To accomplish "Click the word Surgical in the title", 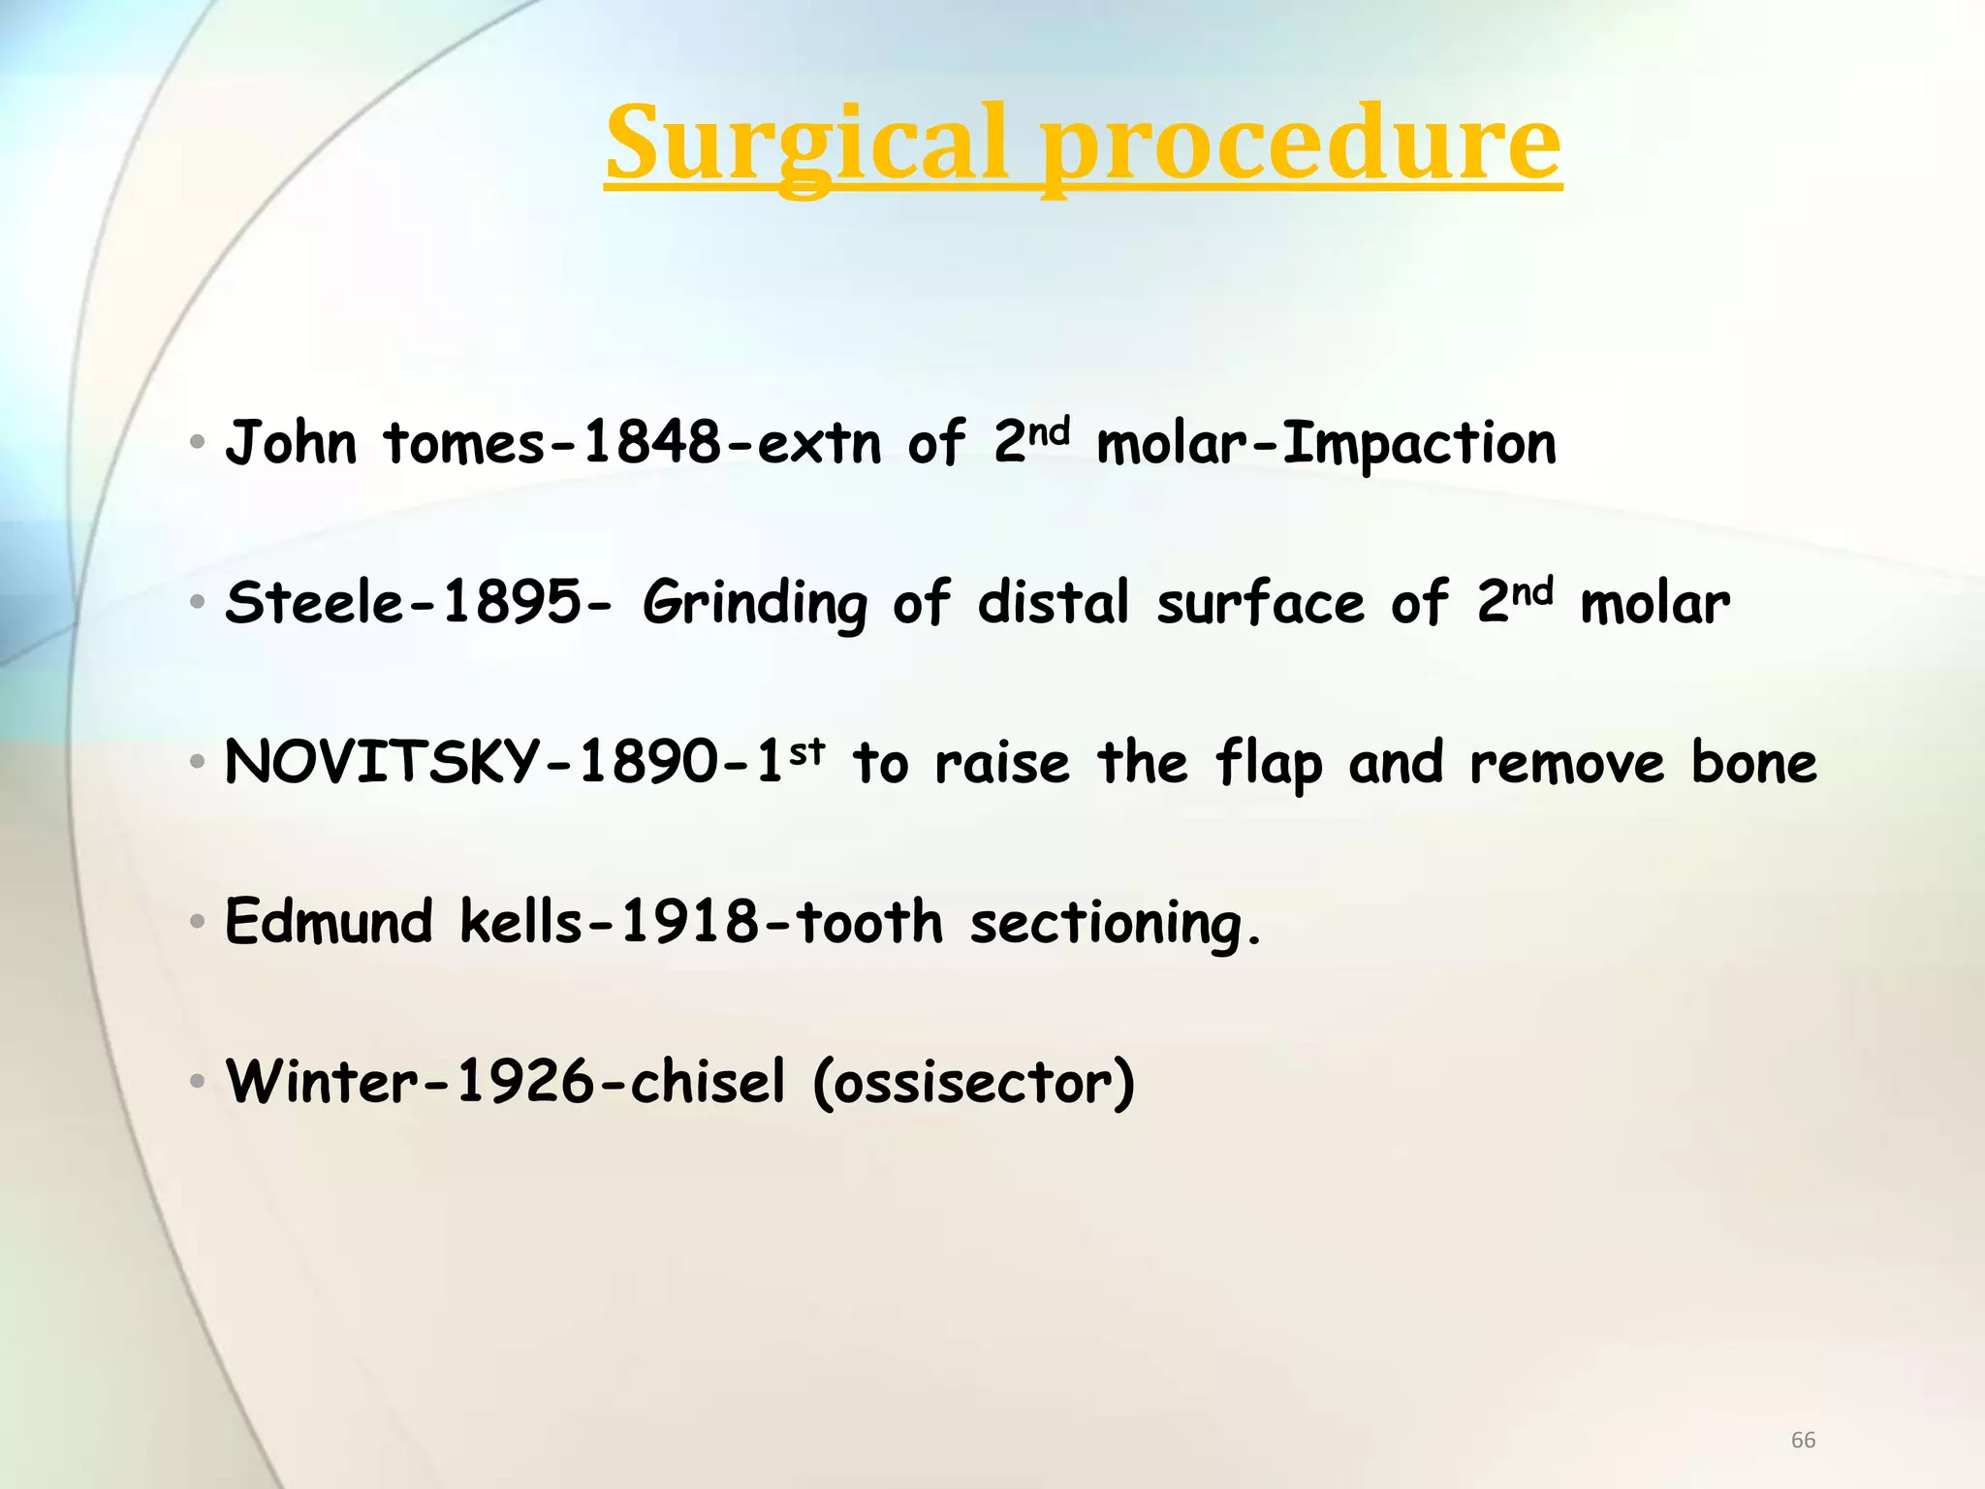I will click(806, 145).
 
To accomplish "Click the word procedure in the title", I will click(1301, 145).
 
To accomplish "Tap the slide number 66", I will click(1803, 1440).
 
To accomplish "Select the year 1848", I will click(651, 444).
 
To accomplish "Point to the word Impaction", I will click(1419, 444).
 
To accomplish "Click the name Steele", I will click(314, 603).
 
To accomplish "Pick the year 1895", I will click(512, 603).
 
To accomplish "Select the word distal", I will click(1053, 603).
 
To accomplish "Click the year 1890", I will click(647, 762).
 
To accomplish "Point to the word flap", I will click(1268, 764).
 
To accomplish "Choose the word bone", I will click(1753, 762).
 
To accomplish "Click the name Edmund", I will click(328, 921).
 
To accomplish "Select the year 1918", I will click(690, 921).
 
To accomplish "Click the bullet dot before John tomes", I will click(198, 444).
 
